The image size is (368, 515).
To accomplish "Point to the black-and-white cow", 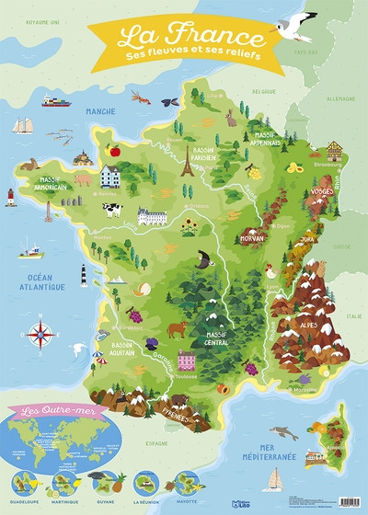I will pyautogui.click(x=112, y=210).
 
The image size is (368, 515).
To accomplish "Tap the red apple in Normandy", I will pyautogui.click(x=114, y=150).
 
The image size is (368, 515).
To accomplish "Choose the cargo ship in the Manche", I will pyautogui.click(x=55, y=100).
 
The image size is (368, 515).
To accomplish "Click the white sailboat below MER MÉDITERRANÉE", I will pyautogui.click(x=273, y=480).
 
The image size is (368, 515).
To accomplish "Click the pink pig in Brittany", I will pyautogui.click(x=84, y=179).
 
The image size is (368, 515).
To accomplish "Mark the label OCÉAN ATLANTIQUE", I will pyautogui.click(x=33, y=281).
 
